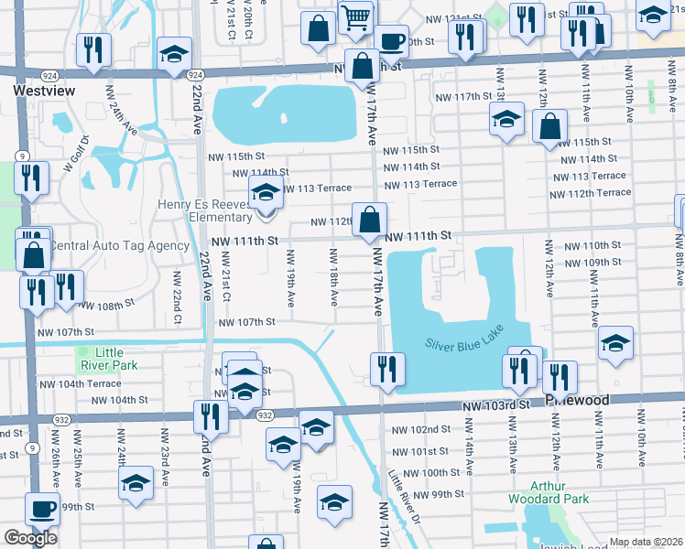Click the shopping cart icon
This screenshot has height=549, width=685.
point(355,16)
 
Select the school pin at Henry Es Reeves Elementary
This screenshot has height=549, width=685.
point(266,194)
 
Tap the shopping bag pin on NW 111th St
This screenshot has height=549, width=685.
point(369,220)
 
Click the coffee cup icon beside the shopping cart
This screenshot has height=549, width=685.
point(392,41)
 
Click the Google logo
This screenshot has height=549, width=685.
point(30,538)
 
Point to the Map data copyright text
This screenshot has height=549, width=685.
point(646,542)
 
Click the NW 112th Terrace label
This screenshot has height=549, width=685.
point(591,193)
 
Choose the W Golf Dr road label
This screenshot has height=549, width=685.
point(74,155)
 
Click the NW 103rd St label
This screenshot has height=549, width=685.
point(497,404)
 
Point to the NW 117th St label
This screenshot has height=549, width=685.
point(463,96)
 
